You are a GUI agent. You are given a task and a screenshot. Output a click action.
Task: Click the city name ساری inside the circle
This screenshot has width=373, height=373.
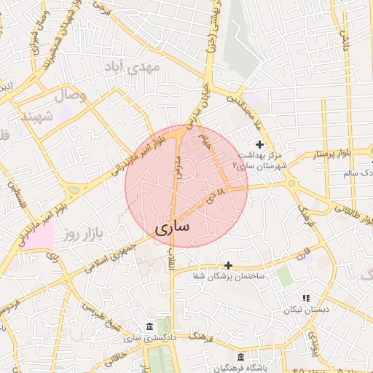173,227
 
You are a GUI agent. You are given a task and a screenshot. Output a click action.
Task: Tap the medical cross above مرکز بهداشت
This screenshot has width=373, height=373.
259,145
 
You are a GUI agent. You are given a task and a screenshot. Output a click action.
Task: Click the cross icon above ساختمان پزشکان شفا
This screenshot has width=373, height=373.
228,265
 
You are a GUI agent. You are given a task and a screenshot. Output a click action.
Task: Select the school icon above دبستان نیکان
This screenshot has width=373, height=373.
305,298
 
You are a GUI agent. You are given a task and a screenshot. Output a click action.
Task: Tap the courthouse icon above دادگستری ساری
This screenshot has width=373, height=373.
149,325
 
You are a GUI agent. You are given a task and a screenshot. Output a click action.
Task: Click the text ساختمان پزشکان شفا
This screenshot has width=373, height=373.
228,277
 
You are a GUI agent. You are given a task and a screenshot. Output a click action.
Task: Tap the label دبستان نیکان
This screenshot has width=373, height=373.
306,310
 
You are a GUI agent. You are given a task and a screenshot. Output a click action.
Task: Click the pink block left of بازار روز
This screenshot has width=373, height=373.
38,237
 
